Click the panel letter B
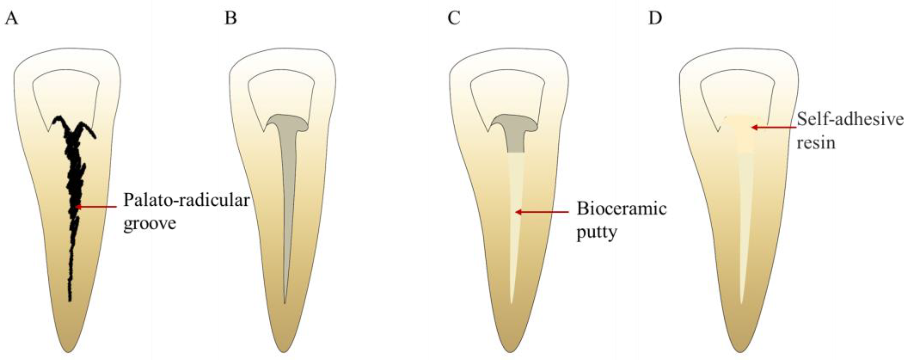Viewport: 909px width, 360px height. pyautogui.click(x=231, y=18)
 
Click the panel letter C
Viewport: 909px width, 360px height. pyautogui.click(x=454, y=18)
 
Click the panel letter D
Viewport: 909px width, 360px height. pyautogui.click(x=655, y=18)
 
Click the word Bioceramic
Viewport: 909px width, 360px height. pyautogui.click(x=621, y=209)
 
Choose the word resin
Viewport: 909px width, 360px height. pyautogui.click(x=816, y=143)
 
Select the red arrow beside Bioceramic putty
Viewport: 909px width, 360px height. pyautogui.click(x=542, y=212)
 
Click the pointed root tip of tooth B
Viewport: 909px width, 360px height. pyautogui.click(x=283, y=351)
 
